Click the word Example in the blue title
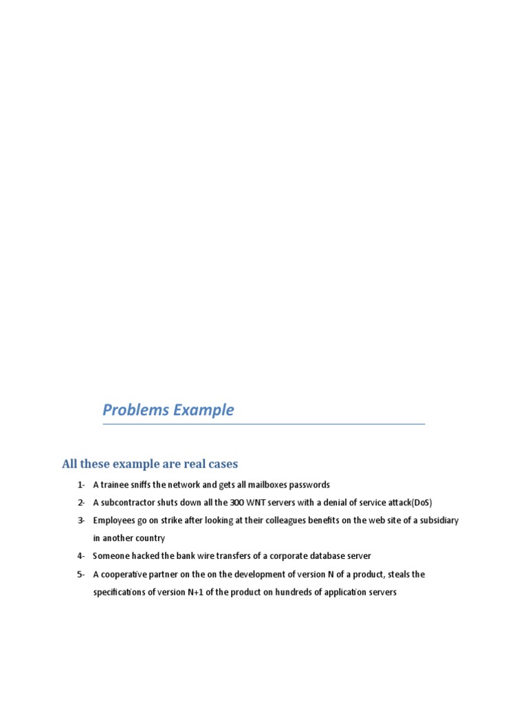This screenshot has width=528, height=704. coord(203,410)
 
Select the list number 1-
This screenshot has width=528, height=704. coord(81,485)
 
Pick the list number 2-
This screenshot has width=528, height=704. coord(81,503)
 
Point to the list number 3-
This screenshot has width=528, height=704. coord(81,520)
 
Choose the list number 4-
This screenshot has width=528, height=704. coord(81,555)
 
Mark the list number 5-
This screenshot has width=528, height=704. coord(81,574)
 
